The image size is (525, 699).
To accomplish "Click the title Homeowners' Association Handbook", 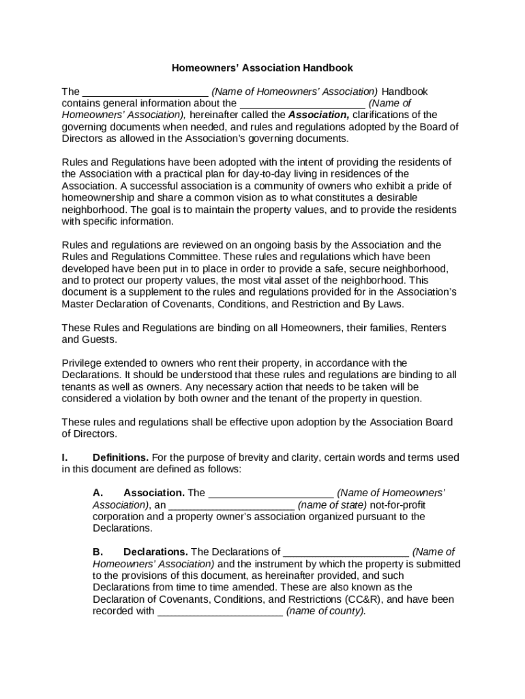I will coord(262,68).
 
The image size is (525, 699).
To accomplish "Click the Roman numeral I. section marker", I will coord(65,457).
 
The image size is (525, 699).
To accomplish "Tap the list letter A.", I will coord(98,493).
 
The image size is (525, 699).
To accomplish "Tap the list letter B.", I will coord(98,552).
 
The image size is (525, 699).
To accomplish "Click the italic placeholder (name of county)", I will coord(326,611).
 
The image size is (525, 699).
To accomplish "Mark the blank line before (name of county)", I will coord(220,612).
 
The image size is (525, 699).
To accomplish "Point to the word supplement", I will coord(145,292).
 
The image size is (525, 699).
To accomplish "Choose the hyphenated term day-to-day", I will coord(260,174).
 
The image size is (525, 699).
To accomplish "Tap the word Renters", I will coord(427,328).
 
